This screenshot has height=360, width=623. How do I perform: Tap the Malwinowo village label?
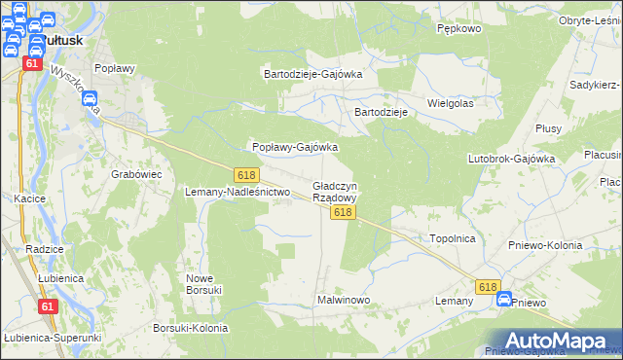(x=344, y=301)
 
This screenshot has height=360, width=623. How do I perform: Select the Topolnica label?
(x=453, y=237)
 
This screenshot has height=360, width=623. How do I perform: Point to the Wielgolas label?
(x=451, y=102)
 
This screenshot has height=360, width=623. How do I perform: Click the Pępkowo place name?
(x=459, y=29)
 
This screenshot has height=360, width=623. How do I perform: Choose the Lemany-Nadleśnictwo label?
(x=238, y=193)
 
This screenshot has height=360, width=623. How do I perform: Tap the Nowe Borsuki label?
(x=204, y=283)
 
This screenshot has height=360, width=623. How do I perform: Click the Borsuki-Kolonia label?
(x=190, y=329)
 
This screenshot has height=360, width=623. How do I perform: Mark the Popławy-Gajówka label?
(x=295, y=148)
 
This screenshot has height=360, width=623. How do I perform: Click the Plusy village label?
(x=548, y=128)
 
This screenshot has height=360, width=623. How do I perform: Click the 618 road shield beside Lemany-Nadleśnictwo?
(x=246, y=173)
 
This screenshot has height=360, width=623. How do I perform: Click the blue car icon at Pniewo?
(x=504, y=301)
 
